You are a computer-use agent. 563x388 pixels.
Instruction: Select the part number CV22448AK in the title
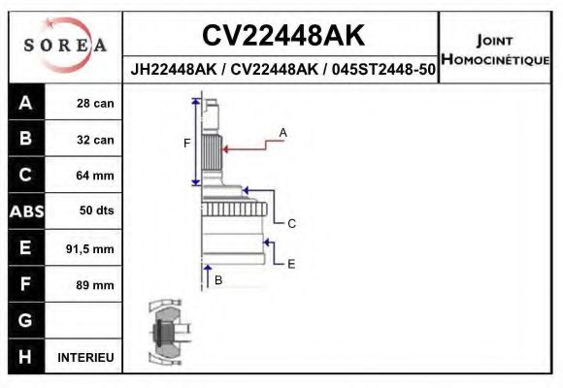click(x=283, y=36)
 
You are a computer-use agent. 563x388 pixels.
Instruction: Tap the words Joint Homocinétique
click(x=495, y=50)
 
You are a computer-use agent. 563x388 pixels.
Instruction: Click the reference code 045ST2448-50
click(x=383, y=71)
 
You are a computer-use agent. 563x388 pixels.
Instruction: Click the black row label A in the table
click(x=25, y=104)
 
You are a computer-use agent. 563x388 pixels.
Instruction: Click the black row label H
click(x=25, y=357)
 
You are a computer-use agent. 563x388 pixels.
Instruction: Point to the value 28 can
click(x=95, y=104)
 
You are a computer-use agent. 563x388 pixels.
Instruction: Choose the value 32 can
click(x=95, y=140)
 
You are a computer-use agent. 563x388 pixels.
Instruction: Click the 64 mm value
click(x=95, y=176)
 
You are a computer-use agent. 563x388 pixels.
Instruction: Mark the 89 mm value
click(x=95, y=285)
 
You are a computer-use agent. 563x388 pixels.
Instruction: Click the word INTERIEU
click(x=86, y=357)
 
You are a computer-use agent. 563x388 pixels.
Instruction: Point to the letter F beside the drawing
click(x=187, y=143)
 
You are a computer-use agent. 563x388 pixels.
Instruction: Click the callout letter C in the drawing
click(x=291, y=223)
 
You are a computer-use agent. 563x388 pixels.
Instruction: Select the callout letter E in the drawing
click(x=291, y=263)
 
